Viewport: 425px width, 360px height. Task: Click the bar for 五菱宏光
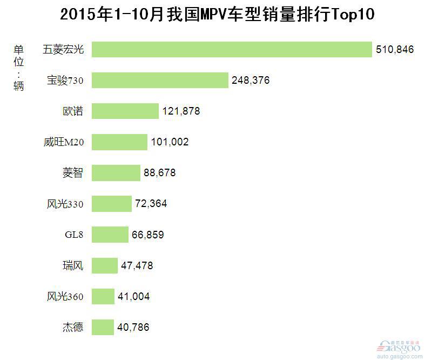pos(232,49)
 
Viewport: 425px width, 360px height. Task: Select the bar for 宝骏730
pos(160,80)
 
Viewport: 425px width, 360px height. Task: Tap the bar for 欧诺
pos(125,111)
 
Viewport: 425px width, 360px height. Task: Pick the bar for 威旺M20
pos(119,142)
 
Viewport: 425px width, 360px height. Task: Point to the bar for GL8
pos(110,235)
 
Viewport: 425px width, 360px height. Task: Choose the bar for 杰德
pos(103,327)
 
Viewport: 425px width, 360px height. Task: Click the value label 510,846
pos(395,50)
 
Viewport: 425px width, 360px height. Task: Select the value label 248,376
pos(251,81)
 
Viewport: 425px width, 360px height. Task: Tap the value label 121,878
pos(181,111)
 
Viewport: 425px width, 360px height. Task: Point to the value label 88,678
pos(160,173)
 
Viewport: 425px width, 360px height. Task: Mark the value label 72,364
pos(151,204)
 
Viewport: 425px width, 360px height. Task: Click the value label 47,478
pos(137,265)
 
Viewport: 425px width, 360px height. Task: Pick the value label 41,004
pos(134,296)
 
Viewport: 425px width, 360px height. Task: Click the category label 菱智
pos(73,173)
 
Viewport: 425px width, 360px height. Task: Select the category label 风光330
pos(65,204)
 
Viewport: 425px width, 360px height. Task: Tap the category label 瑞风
pos(73,265)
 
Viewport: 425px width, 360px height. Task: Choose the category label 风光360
pos(65,296)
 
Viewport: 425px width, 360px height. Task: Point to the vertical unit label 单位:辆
pos(19,67)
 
